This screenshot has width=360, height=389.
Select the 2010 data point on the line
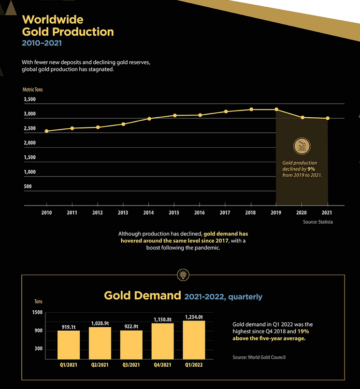[46, 131]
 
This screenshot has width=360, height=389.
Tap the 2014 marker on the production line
[149, 119]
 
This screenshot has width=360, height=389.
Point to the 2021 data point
[328, 118]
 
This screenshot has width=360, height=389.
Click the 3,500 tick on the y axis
[29, 100]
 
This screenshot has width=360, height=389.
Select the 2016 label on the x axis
[200, 213]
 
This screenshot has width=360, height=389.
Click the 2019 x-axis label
[276, 213]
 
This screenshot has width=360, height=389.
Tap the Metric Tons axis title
[33, 90]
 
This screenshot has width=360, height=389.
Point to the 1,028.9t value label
[100, 323]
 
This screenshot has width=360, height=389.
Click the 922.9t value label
[131, 327]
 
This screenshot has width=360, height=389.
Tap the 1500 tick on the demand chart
[38, 313]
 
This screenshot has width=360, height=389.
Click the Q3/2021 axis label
[131, 365]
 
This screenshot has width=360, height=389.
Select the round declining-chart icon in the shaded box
[302, 146]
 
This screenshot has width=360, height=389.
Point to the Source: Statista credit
[318, 222]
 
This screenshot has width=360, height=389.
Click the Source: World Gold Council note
[259, 357]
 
